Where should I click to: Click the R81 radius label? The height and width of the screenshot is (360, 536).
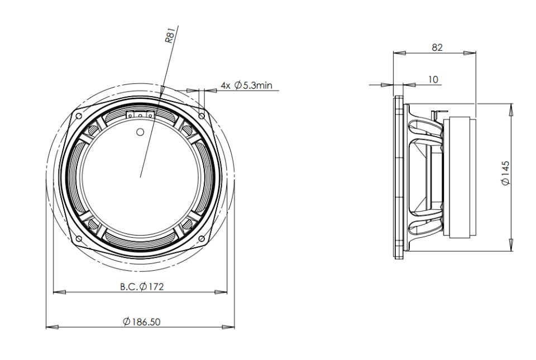coord(170,36)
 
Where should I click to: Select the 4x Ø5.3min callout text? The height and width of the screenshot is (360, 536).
coord(246,85)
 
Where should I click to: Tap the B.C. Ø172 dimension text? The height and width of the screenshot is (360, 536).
coord(142,286)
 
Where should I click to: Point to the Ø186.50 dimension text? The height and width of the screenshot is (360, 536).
coord(141,321)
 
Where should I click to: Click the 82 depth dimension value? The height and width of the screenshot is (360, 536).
coord(437,47)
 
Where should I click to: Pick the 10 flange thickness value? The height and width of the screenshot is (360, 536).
coord(433,80)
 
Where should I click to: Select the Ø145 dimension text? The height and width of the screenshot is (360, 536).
coord(505,173)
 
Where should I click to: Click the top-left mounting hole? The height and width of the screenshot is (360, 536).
coord(78,116)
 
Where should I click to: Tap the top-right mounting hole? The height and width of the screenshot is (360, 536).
coord(202,116)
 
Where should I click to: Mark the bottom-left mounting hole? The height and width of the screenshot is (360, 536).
coord(78,238)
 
